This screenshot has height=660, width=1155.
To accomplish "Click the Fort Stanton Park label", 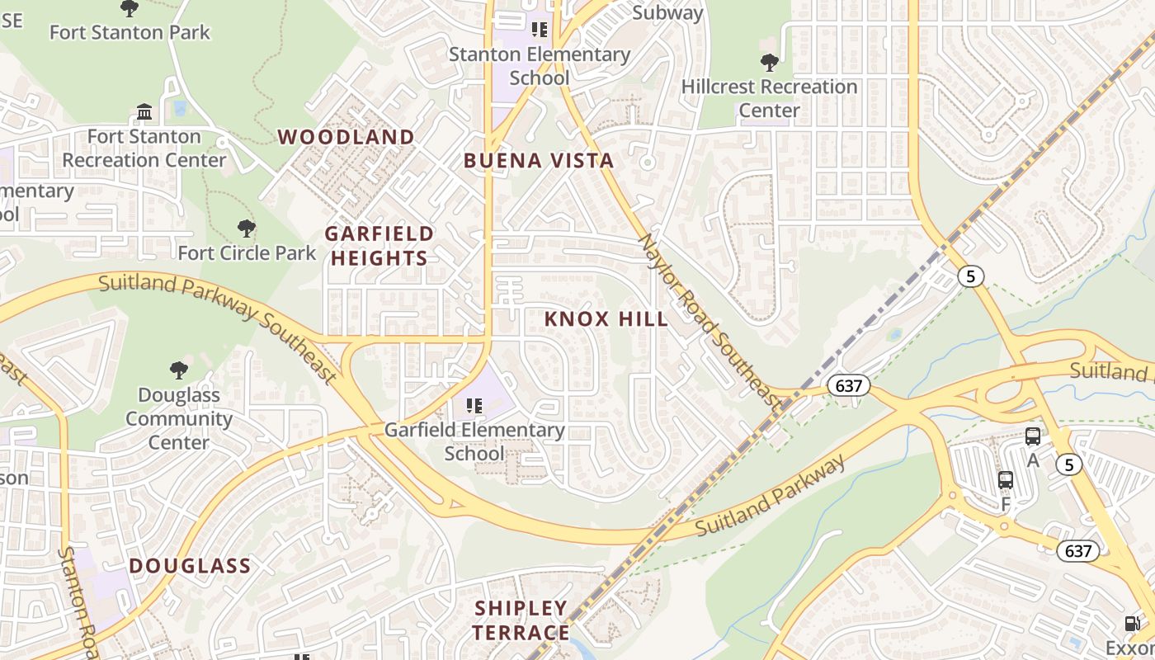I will tap(130, 32).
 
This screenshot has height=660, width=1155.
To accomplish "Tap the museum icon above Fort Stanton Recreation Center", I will tap(144, 111).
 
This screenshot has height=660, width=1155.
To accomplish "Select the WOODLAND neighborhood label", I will tap(346, 137).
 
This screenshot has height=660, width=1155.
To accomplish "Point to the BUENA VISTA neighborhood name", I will tap(539, 161).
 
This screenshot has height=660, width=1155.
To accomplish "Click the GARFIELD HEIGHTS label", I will tap(379, 246).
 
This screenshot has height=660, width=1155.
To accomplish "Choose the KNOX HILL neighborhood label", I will tap(606, 319).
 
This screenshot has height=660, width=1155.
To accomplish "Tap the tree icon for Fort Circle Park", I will tap(246, 229).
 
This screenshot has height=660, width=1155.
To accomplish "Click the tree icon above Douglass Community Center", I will tap(178, 370).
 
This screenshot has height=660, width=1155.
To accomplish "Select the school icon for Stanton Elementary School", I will tap(540, 31).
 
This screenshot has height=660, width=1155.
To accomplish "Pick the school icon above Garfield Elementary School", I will tap(474, 405).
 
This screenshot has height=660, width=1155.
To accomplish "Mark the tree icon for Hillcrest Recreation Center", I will tap(769, 62).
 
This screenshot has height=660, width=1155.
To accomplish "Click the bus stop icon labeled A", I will tap(1032, 436).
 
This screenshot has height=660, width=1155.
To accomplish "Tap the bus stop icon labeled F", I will tap(1005, 480).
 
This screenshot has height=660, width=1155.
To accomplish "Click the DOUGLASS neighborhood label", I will tap(190, 566).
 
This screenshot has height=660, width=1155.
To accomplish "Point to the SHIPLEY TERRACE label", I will tap(521, 620).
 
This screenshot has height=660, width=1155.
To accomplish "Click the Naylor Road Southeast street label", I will tap(709, 322).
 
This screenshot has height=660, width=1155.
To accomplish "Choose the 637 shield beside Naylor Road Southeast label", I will tap(848, 385).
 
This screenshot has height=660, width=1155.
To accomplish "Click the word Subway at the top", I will tap(667, 12).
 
